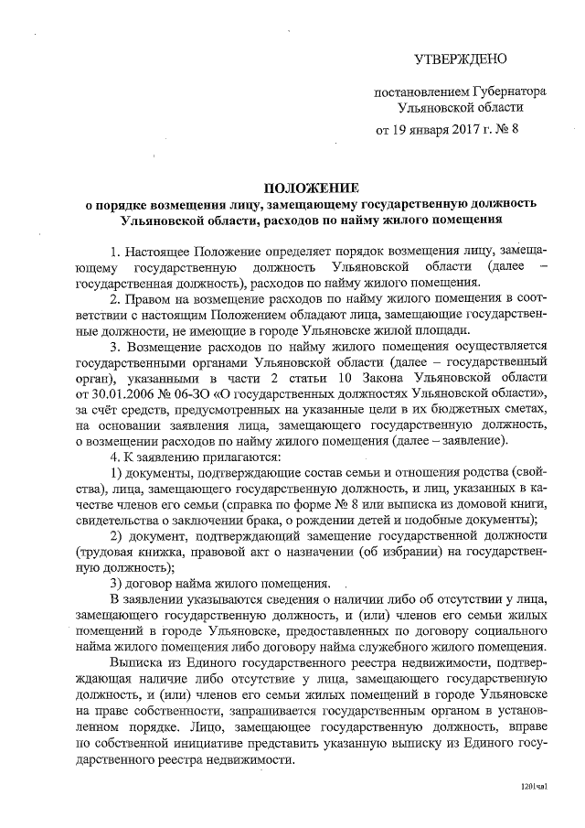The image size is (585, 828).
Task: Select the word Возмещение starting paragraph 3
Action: [x=163, y=347]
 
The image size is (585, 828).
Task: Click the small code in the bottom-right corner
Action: [x=533, y=786]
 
